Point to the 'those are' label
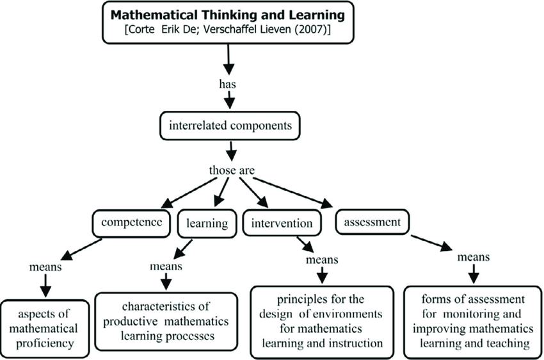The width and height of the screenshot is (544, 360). tap(230, 171)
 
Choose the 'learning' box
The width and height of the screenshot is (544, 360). tap(207, 224)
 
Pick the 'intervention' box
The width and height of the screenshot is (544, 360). tap(282, 224)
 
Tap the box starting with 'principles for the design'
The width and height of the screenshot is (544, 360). tap(321, 321)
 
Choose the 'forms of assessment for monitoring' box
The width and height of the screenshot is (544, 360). tap(473, 321)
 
